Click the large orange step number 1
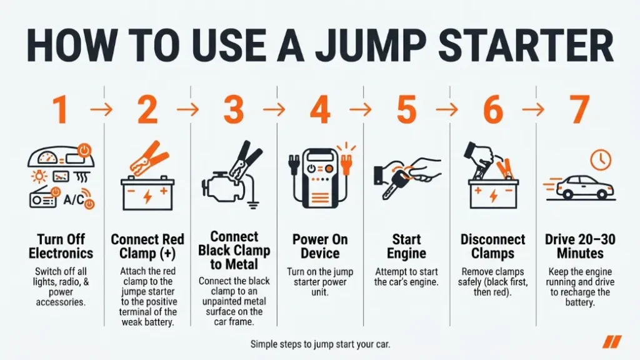(59, 110)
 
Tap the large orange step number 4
(319, 110)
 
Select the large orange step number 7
(579, 110)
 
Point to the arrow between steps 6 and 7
(535, 111)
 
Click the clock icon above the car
(599, 159)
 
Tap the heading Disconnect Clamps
(492, 246)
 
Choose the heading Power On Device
(319, 246)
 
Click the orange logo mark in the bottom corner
(612, 342)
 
